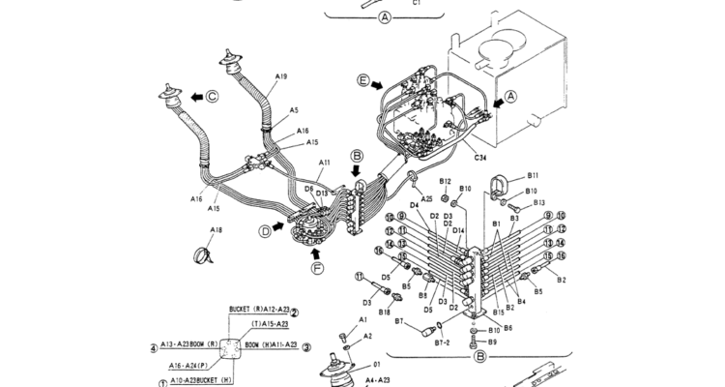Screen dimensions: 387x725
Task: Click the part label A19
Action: (281, 75)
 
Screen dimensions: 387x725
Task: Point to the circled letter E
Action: (363, 80)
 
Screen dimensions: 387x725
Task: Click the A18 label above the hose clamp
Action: (216, 230)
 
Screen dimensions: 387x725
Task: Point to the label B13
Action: (539, 203)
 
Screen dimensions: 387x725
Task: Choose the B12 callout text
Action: (446, 181)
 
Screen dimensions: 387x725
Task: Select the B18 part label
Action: (385, 313)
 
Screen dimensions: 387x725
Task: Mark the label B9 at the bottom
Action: (492, 342)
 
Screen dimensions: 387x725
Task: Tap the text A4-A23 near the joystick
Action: (377, 380)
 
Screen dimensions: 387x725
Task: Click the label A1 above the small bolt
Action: (363, 318)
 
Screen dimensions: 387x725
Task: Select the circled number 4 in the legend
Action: (154, 347)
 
